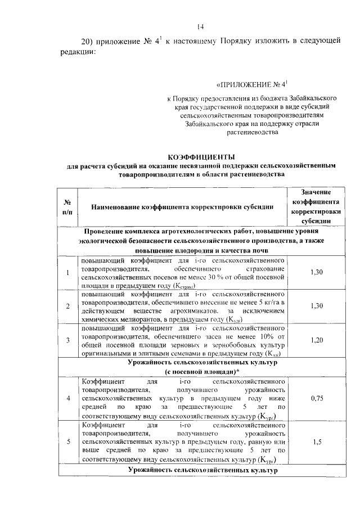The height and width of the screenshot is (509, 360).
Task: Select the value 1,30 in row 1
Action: [316, 272]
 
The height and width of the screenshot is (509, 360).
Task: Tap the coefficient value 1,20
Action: [316, 340]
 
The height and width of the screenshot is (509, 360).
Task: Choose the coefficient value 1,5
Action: [316, 442]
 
